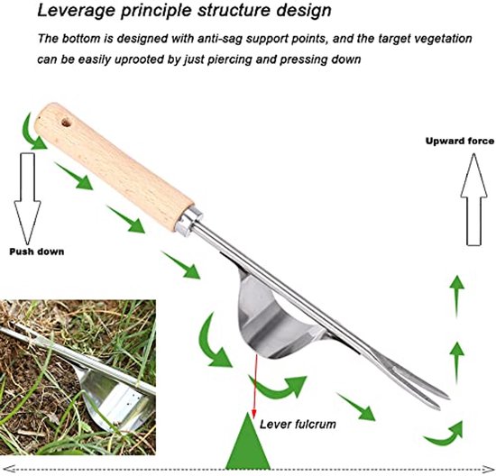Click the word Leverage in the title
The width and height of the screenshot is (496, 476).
[76, 11]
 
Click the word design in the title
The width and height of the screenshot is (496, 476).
[304, 11]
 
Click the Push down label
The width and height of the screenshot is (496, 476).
[37, 252]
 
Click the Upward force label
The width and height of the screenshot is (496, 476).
[460, 141]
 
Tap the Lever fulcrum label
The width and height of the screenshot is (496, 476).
[298, 424]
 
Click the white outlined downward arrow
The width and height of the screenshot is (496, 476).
[27, 198]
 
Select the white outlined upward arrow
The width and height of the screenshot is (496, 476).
[473, 199]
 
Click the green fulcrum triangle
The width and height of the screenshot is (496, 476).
[248, 441]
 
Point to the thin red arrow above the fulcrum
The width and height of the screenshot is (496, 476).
[254, 385]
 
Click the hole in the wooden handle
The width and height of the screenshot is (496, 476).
[66, 122]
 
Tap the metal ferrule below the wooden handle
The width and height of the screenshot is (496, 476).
[188, 220]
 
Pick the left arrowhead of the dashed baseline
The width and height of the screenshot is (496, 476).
[7, 469]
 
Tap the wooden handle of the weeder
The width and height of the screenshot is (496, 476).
[114, 167]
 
